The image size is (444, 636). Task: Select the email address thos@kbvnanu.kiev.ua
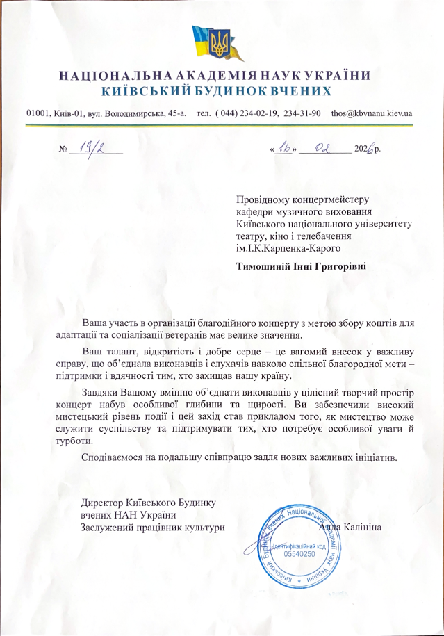[x=372, y=113]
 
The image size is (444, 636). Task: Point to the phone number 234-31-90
[x=303, y=113]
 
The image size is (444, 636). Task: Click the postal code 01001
[x=38, y=113]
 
